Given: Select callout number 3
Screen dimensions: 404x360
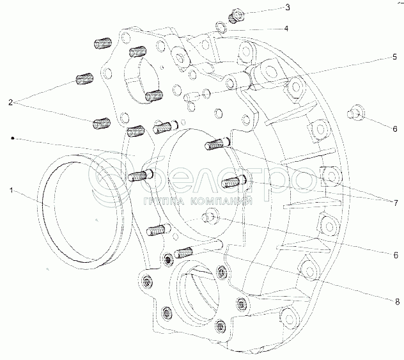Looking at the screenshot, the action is pyautogui.click(x=269, y=8).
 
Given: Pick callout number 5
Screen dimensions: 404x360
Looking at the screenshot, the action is pyautogui.click(x=395, y=57).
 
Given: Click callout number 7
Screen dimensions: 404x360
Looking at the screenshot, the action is pyautogui.click(x=395, y=203).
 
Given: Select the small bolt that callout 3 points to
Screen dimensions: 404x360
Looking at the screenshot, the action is pyautogui.click(x=233, y=15).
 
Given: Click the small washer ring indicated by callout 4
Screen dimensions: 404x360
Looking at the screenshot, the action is pyautogui.click(x=220, y=27).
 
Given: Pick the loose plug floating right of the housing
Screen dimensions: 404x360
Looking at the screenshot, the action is pyautogui.click(x=355, y=114).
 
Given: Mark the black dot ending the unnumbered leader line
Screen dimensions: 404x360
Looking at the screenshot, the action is pyautogui.click(x=12, y=137).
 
